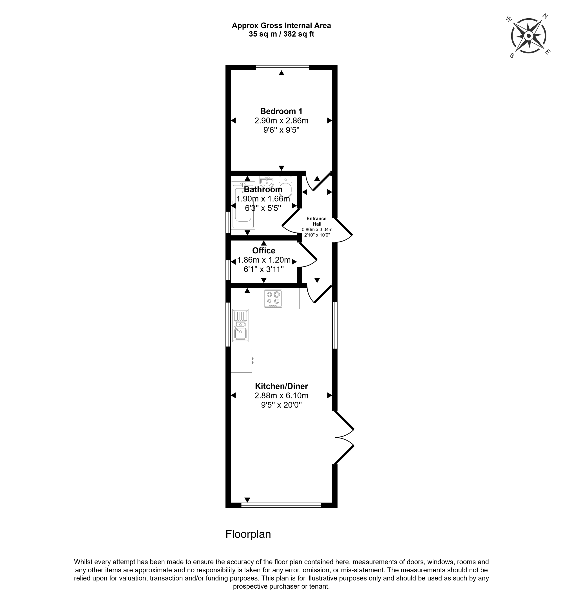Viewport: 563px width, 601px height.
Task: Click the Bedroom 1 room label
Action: pos(281,111)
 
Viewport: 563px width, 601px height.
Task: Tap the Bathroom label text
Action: pos(263,190)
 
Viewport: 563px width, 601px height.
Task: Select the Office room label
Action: pos(263,251)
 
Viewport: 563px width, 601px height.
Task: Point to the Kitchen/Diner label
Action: pos(281,386)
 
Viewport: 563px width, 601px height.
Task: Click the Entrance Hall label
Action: pos(316,221)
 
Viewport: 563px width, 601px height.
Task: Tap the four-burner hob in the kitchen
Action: pos(273,299)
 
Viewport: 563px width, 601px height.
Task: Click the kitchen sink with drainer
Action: pos(240,326)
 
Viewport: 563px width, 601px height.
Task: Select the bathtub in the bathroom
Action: pos(243,206)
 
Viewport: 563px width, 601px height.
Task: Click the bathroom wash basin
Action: pos(267,182)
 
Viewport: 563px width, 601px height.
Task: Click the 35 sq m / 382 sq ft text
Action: pos(281,34)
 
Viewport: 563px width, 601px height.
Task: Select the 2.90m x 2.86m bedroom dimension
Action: pos(281,121)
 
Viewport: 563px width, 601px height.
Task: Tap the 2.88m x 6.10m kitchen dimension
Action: pos(281,396)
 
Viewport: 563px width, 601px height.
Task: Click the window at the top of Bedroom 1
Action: pos(283,68)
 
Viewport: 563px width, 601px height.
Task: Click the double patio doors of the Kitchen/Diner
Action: pos(344,437)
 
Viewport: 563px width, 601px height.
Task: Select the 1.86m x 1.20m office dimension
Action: pos(264,260)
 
